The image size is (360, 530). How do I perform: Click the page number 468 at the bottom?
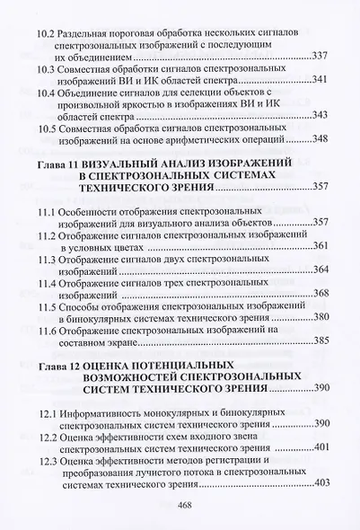(x=187, y=505)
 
